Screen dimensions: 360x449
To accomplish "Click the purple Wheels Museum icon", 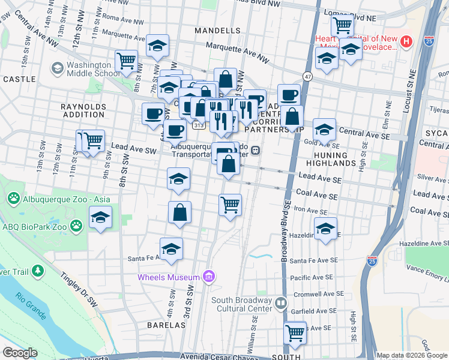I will click(208, 277).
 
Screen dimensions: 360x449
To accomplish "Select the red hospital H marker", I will click(406, 41).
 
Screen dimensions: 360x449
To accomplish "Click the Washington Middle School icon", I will click(58, 68).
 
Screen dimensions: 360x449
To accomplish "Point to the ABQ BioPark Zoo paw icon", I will click(76, 226).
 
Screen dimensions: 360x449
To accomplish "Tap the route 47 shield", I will click(307, 77).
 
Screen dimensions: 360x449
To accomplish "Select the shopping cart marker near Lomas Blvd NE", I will click(342, 25).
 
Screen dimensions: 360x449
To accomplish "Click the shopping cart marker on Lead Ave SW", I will click(94, 141).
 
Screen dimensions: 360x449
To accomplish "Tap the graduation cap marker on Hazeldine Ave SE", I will click(325, 229).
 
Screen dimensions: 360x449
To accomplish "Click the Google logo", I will click(20, 353).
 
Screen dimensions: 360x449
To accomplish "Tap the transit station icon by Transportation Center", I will click(256, 150).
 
